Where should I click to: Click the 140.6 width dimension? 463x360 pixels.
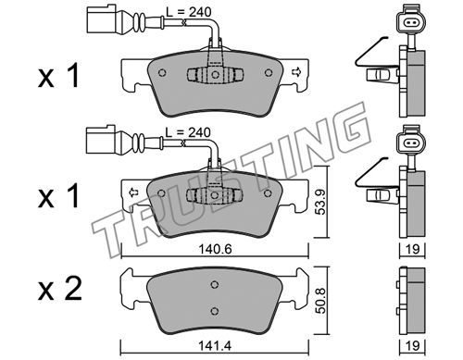215,249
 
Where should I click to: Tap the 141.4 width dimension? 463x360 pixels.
215,346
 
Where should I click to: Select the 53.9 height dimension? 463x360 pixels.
321,202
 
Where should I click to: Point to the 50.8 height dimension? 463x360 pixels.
321,301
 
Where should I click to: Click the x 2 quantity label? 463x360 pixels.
60,289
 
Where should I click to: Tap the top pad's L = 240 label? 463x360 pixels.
189,12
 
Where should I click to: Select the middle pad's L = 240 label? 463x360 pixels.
188,132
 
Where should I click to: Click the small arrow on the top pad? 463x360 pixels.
295,72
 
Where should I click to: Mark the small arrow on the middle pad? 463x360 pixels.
133,192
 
